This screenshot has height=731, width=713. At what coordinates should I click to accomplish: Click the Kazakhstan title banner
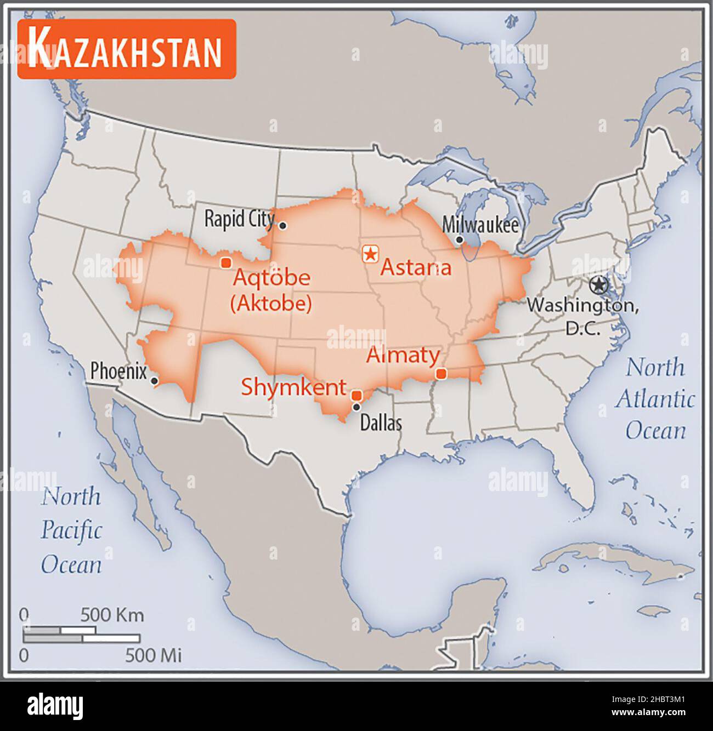click(127, 49)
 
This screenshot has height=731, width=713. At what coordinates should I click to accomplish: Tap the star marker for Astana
click(371, 254)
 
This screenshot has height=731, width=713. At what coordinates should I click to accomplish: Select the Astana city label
click(416, 267)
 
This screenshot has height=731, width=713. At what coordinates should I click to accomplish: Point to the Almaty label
click(403, 355)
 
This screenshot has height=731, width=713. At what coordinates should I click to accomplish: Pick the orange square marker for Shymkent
click(356, 395)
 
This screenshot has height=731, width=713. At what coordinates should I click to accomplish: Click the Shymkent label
click(294, 387)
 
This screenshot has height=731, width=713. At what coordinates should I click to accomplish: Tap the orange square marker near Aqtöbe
click(225, 262)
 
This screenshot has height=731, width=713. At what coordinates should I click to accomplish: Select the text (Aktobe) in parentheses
click(271, 303)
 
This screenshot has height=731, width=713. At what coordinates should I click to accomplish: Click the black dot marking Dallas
click(356, 407)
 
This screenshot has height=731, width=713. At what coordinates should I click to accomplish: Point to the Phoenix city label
click(118, 372)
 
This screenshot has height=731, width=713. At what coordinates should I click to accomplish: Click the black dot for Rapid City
click(282, 225)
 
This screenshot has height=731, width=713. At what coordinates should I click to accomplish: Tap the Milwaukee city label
click(480, 225)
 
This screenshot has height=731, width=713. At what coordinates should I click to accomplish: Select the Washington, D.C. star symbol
click(598, 285)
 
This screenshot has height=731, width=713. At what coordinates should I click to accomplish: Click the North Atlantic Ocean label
click(655, 398)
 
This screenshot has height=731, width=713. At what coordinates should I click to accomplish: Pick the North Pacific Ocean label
click(71, 530)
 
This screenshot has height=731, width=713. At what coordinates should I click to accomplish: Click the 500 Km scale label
click(112, 615)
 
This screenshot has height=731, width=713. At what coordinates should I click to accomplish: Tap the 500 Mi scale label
click(154, 655)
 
